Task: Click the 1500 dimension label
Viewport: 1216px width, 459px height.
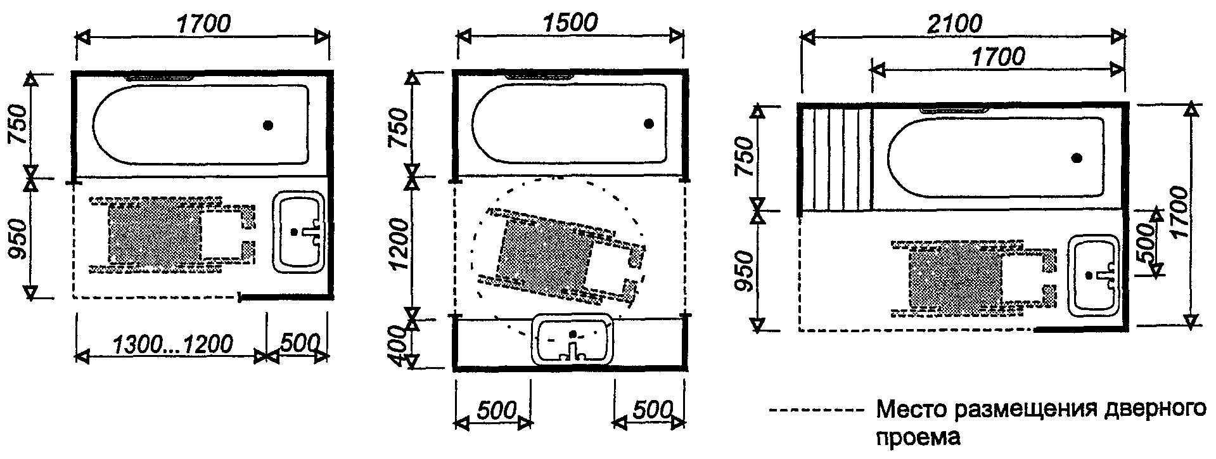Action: [x=570, y=23]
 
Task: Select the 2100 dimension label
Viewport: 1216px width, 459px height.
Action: [x=954, y=23]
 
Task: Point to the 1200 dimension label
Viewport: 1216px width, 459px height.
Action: [x=399, y=245]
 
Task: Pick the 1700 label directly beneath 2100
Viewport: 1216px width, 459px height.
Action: [x=997, y=57]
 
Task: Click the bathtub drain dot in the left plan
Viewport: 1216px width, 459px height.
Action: [x=269, y=126]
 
